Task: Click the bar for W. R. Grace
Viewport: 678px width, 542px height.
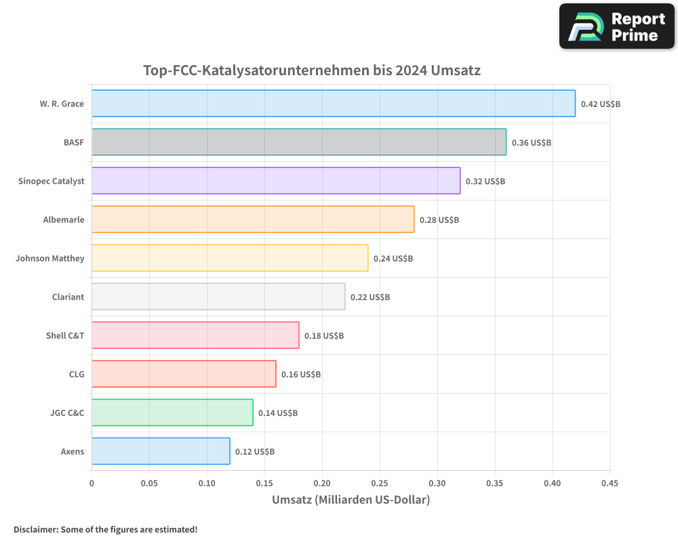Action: [333, 104]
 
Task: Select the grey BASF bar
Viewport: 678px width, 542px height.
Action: [298, 142]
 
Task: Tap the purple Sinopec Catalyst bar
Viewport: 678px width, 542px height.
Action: [275, 181]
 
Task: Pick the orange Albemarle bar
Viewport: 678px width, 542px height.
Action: [252, 220]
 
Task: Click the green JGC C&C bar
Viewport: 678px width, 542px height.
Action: [172, 413]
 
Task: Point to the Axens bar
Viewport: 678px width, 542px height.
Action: [161, 451]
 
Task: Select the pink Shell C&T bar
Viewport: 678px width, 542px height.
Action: [195, 335]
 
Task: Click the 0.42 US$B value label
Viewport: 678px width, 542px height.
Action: [601, 104]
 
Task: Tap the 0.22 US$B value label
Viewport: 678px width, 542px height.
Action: [370, 297]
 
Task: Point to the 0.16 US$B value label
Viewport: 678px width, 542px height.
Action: [301, 375]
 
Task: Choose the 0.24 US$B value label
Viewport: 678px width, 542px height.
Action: [393, 259]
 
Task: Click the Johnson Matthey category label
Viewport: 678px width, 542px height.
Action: [50, 258]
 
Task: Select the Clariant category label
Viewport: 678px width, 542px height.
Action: [68, 297]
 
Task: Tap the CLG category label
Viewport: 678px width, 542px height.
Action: [77, 374]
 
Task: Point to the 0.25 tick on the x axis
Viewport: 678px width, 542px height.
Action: [380, 483]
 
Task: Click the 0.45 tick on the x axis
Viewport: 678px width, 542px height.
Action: [610, 483]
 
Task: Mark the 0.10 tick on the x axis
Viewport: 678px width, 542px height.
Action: [207, 483]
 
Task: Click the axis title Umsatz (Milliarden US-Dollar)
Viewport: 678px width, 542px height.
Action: [351, 500]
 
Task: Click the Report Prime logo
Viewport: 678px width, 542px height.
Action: [616, 26]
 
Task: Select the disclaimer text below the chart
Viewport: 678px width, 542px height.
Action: [105, 529]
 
